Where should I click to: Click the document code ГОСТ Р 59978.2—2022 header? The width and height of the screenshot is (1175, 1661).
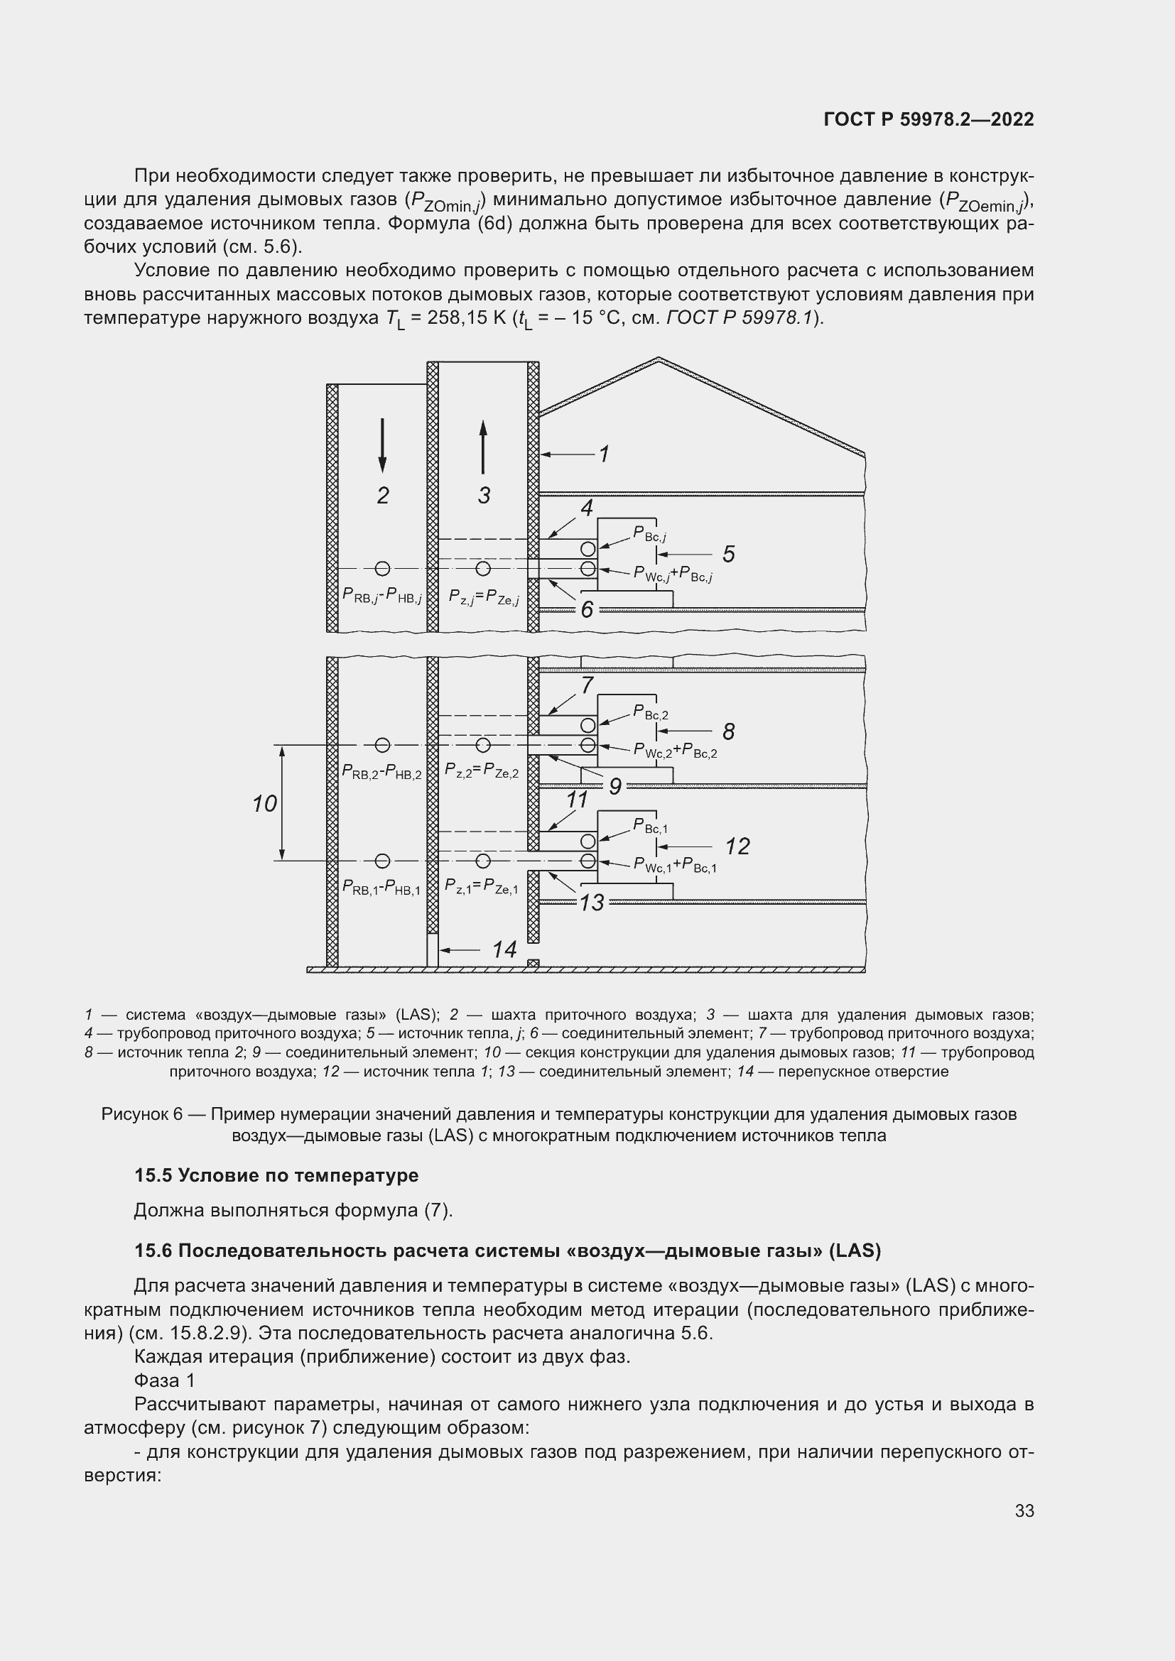[928, 119]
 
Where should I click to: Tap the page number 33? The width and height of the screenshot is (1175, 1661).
[1024, 1510]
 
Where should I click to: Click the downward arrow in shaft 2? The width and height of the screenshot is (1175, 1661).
[382, 446]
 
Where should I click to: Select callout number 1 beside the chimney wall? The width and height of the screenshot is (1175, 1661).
[604, 454]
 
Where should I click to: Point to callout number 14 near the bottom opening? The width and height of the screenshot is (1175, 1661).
[504, 949]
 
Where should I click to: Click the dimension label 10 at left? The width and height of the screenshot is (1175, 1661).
[265, 803]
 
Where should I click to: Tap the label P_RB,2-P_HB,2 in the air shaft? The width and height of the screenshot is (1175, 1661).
[381, 772]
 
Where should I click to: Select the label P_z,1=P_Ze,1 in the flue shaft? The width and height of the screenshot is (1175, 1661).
[482, 887]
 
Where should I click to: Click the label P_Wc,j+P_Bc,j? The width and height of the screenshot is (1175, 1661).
[673, 574]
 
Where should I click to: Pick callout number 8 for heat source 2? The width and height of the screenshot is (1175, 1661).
[729, 731]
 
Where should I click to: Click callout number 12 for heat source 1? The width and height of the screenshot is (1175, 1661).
[737, 846]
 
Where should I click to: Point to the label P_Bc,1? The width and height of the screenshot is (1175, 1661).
[651, 825]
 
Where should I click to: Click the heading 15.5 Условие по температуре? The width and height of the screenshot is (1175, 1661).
[276, 1175]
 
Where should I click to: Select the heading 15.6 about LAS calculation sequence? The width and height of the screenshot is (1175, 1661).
[507, 1251]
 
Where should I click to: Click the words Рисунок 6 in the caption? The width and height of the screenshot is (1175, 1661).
[141, 1114]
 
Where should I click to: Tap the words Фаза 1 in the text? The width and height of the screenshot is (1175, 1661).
[164, 1380]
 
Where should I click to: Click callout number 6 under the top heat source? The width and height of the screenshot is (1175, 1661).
[587, 610]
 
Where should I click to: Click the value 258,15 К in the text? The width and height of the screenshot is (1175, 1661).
[466, 317]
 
